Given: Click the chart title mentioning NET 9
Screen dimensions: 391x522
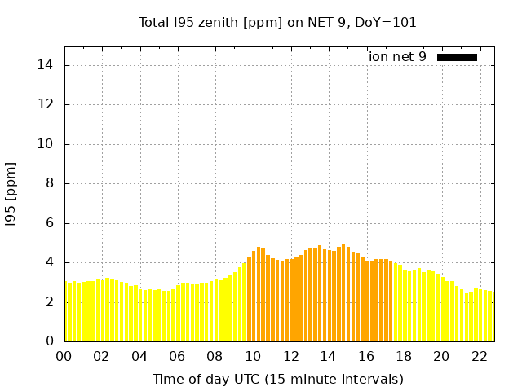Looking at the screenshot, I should [x=277, y=22].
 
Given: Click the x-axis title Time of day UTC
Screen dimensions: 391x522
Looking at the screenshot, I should [x=277, y=379].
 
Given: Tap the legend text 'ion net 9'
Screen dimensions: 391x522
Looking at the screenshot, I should [x=397, y=57].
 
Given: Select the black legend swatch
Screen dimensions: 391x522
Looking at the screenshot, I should [x=457, y=57].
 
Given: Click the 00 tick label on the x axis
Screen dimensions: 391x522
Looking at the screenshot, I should [x=64, y=356].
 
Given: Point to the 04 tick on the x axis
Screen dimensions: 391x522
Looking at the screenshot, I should [x=139, y=356].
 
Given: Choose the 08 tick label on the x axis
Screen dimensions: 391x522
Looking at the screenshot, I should [x=215, y=356].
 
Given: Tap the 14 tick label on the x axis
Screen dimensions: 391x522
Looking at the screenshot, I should [x=328, y=356].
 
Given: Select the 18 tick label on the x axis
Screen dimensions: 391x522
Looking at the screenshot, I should [x=404, y=356].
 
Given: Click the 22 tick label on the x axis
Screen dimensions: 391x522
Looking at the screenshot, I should [x=479, y=356].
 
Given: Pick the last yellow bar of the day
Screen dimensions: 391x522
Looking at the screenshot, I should [x=491, y=316].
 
